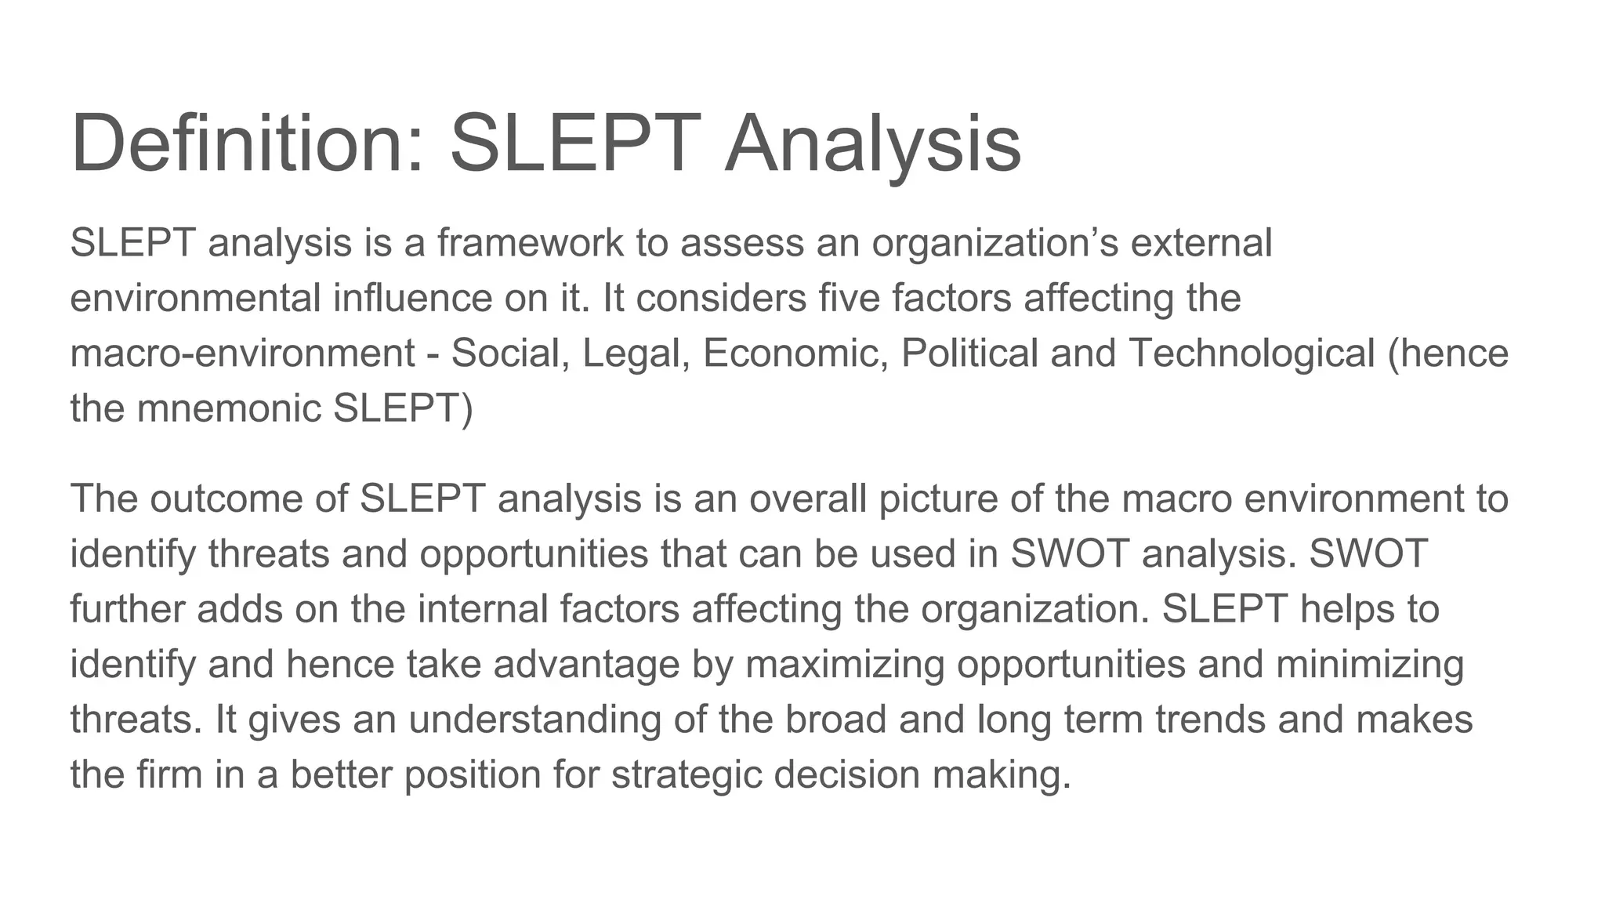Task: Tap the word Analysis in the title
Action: [872, 143]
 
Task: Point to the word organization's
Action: [995, 243]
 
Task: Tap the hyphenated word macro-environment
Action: [242, 354]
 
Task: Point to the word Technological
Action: [1252, 354]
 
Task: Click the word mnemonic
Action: [229, 408]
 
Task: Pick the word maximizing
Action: [844, 665]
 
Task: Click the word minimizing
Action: [1370, 665]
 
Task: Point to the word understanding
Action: [534, 720]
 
